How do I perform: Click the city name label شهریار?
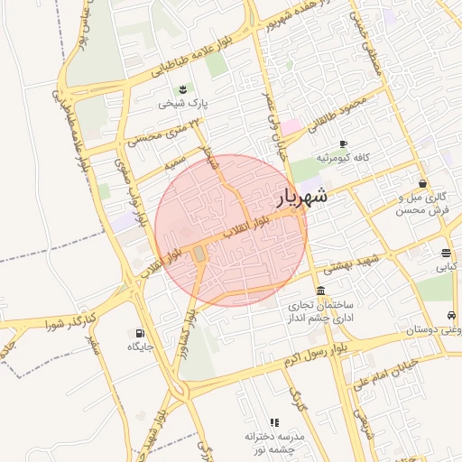click(x=300, y=196)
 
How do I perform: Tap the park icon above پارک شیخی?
click(x=183, y=88)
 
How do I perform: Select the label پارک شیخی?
click(x=183, y=103)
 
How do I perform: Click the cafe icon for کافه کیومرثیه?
click(x=343, y=144)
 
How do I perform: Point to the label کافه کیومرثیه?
click(x=343, y=158)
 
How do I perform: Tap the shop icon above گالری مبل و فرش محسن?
click(x=422, y=183)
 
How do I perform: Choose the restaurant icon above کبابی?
click(x=447, y=253)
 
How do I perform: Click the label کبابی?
click(x=447, y=267)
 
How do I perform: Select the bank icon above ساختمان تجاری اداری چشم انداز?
click(x=321, y=289)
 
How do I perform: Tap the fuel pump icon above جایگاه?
click(x=140, y=332)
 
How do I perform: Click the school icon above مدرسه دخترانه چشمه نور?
click(x=274, y=421)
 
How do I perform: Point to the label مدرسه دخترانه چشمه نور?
click(x=274, y=441)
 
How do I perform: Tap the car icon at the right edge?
click(x=450, y=316)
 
